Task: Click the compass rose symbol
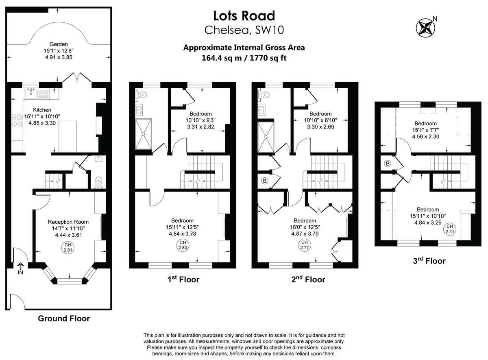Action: click(x=425, y=27)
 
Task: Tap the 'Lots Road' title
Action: click(x=244, y=16)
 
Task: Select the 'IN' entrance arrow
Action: click(x=20, y=269)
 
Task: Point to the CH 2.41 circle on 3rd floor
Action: click(x=449, y=229)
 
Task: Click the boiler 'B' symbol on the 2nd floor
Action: click(x=264, y=181)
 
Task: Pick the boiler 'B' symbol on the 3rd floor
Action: click(x=387, y=164)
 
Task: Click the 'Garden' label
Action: click(x=59, y=44)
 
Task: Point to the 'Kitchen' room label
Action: click(x=42, y=110)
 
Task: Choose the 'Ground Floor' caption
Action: click(x=64, y=319)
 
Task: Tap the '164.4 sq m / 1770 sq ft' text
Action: click(x=244, y=58)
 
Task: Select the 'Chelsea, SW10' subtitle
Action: click(x=244, y=30)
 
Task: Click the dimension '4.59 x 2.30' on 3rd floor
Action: click(x=425, y=137)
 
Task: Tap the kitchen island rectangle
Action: click(x=68, y=136)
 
